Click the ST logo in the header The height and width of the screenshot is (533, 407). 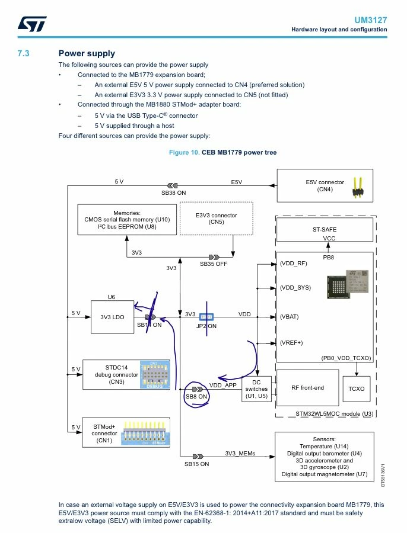coord(32,24)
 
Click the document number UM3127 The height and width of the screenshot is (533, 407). coord(371,20)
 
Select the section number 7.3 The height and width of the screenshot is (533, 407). coord(24,53)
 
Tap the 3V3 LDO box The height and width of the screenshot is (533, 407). coord(112,317)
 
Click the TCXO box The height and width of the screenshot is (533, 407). coord(356,389)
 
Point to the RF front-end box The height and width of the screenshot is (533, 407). coord(307,388)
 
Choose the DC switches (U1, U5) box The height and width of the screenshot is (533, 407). coord(256,389)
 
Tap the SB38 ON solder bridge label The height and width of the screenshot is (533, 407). coord(174,192)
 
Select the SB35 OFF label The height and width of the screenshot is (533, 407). coord(214,264)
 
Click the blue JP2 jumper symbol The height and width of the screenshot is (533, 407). coord(206,317)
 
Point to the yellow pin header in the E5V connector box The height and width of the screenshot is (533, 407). coord(358,187)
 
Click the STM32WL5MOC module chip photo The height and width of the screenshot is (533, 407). coord(348,284)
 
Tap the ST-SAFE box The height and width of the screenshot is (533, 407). coord(325,230)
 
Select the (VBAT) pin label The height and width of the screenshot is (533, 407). coord(289,317)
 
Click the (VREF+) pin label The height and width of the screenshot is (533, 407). coord(291,343)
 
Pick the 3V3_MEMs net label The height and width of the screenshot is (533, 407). coord(240,454)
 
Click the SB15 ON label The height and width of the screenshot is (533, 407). coord(197,464)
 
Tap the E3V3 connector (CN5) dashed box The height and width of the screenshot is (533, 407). coord(217,219)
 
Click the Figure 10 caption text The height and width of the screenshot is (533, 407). coord(222,152)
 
